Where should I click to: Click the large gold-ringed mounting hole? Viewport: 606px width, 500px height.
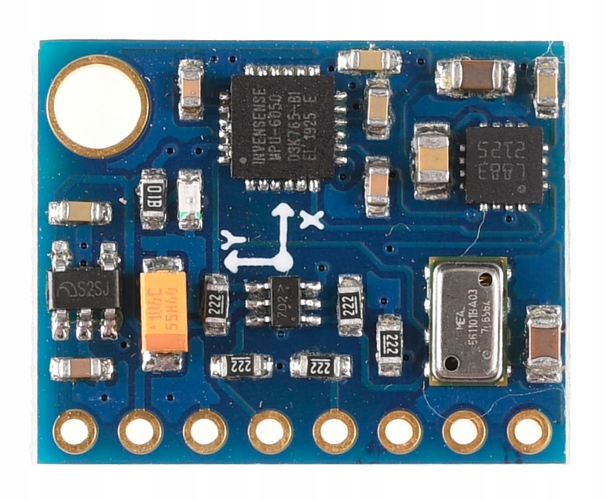tap(98, 106)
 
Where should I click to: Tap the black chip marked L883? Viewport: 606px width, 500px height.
tap(503, 164)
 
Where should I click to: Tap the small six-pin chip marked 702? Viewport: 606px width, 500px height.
tap(283, 302)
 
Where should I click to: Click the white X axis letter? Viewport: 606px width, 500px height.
tap(311, 218)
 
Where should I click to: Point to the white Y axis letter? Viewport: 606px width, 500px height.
tap(233, 240)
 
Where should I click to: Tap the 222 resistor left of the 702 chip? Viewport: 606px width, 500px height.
tap(216, 304)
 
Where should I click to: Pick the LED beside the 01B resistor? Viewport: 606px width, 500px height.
tap(190, 198)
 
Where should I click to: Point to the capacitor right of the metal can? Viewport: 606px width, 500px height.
tap(544, 343)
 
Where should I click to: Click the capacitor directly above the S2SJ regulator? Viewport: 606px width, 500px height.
tap(80, 212)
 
